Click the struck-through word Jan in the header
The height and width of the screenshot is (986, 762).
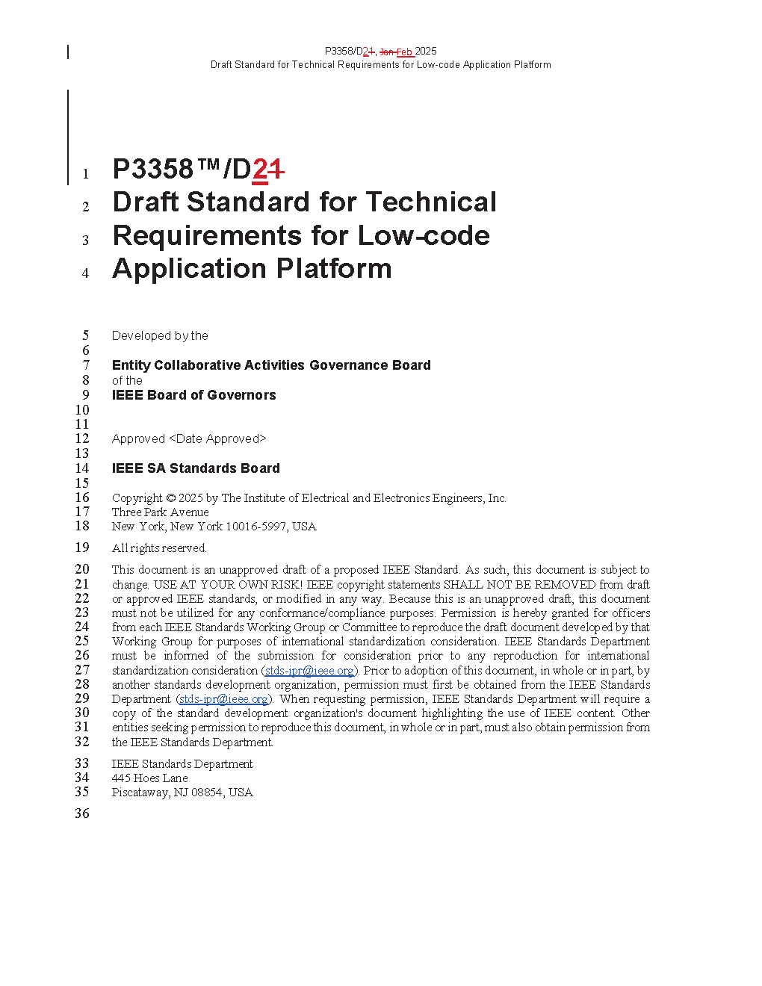[x=387, y=52]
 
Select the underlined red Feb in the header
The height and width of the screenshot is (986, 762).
[x=404, y=52]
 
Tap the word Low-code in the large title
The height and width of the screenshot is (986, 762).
[x=424, y=235]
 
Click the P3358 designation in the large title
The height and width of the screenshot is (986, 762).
[x=153, y=169]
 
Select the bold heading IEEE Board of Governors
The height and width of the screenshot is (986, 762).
[x=193, y=395]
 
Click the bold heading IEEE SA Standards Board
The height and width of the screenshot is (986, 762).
[x=196, y=468]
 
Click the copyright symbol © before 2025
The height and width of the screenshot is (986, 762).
[x=171, y=498]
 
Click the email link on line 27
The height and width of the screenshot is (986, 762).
[x=309, y=671]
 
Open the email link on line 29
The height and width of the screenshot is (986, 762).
[x=223, y=699]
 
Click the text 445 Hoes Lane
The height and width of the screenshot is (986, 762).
[x=149, y=778]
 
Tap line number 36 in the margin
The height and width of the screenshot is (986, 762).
[x=82, y=813]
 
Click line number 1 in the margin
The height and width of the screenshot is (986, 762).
[x=86, y=174]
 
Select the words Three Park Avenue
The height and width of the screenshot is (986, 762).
[x=161, y=512]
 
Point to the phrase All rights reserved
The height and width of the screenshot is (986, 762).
[x=159, y=548]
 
